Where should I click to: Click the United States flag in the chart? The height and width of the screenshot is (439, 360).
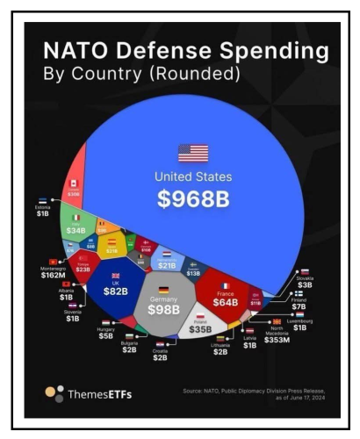point(192,153)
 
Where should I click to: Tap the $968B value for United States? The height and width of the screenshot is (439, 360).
point(192,199)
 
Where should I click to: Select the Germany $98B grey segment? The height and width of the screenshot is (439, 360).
point(163,304)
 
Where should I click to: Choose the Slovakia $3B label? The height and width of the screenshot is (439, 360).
point(305,281)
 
